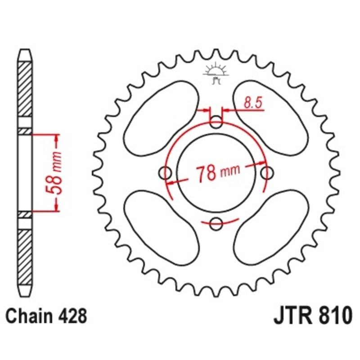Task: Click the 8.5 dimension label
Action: (253, 103)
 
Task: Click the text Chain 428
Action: (46, 316)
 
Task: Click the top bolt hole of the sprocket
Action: (216, 122)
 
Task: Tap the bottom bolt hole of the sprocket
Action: (216, 224)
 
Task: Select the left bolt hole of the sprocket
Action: (165, 173)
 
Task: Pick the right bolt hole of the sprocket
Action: (267, 173)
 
